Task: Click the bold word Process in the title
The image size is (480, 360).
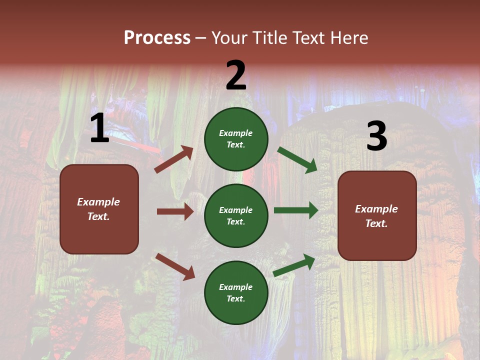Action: pos(157,38)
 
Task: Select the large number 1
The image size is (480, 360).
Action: pos(99,128)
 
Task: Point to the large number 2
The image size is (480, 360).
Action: pos(236,75)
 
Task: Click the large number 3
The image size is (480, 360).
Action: pos(376,136)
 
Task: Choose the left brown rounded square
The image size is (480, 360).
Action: pos(99,209)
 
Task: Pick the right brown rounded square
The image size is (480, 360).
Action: pos(377,215)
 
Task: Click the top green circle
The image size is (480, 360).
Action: pos(236,138)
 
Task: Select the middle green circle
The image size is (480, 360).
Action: pos(236,215)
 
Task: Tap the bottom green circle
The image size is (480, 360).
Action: pos(236,292)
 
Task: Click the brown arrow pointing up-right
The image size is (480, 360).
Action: pos(174,159)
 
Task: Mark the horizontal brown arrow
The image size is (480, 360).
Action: pos(175,211)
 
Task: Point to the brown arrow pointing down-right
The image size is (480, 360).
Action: pos(175,266)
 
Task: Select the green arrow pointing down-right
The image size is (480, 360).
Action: pos(297,160)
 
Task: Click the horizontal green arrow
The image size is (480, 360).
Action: pos(296,210)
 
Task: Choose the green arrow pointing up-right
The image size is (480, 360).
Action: pos(294,265)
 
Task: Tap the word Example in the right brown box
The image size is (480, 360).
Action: pos(376,209)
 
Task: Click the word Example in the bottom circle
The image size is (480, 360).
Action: pos(236,287)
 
